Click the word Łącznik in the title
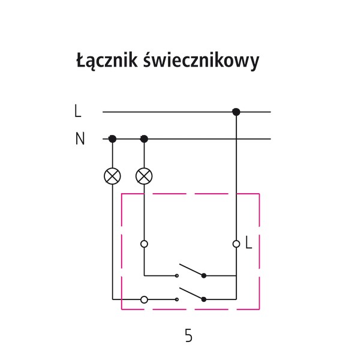click(x=107, y=61)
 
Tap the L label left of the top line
click(x=78, y=112)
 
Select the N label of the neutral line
click(x=80, y=139)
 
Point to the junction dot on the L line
click(x=236, y=112)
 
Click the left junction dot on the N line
click(x=112, y=139)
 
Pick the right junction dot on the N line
click(x=144, y=139)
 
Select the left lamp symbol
click(x=112, y=176)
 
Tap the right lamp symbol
click(x=144, y=176)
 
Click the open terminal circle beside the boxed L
click(x=236, y=244)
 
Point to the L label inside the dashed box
click(x=249, y=244)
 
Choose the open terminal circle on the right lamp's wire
click(x=144, y=244)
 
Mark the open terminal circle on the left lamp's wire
click(x=144, y=298)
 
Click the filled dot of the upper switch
click(x=204, y=276)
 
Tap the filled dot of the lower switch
click(x=204, y=298)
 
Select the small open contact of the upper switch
click(x=177, y=276)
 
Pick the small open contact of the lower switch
click(x=177, y=298)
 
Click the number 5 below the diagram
click(x=189, y=336)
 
